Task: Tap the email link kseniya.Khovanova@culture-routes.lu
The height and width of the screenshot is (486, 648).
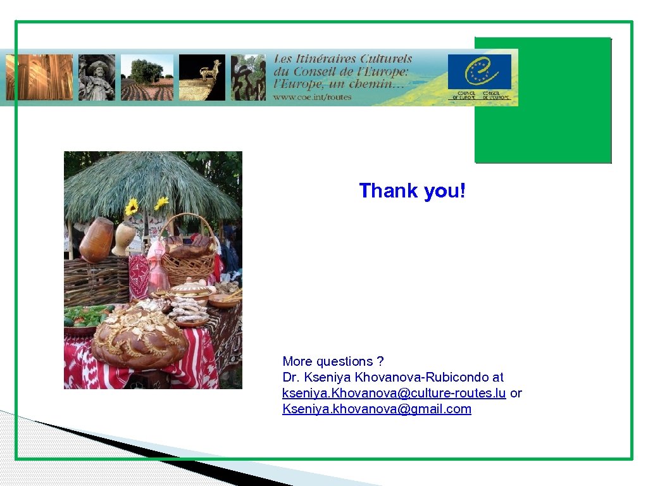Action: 394,393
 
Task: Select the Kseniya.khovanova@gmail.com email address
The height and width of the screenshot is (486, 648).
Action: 377,409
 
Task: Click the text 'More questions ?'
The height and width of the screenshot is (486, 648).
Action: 333,361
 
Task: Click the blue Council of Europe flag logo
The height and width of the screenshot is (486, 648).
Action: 479,72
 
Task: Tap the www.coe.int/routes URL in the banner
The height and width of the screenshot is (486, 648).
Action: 312,97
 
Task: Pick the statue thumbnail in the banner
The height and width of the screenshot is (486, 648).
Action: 97,77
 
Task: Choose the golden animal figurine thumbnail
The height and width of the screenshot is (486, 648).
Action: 202,77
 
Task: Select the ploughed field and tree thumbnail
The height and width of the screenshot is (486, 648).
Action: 147,77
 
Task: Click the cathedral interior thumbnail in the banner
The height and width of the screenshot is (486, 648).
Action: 39,77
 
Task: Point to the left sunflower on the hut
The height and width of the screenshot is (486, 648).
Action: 132,206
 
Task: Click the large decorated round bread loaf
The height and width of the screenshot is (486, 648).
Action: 139,337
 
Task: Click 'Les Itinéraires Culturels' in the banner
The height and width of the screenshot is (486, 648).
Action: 342,59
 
